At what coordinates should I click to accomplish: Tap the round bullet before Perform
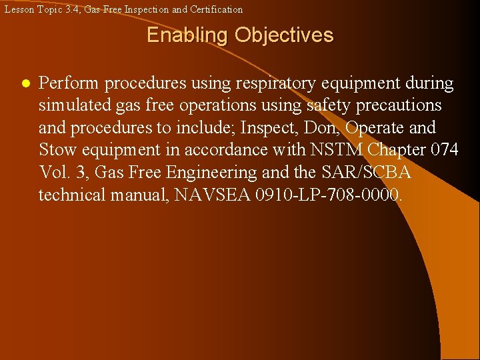click(x=25, y=85)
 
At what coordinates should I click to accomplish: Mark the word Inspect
click(x=281, y=127)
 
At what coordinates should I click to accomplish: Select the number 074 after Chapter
click(x=443, y=150)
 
